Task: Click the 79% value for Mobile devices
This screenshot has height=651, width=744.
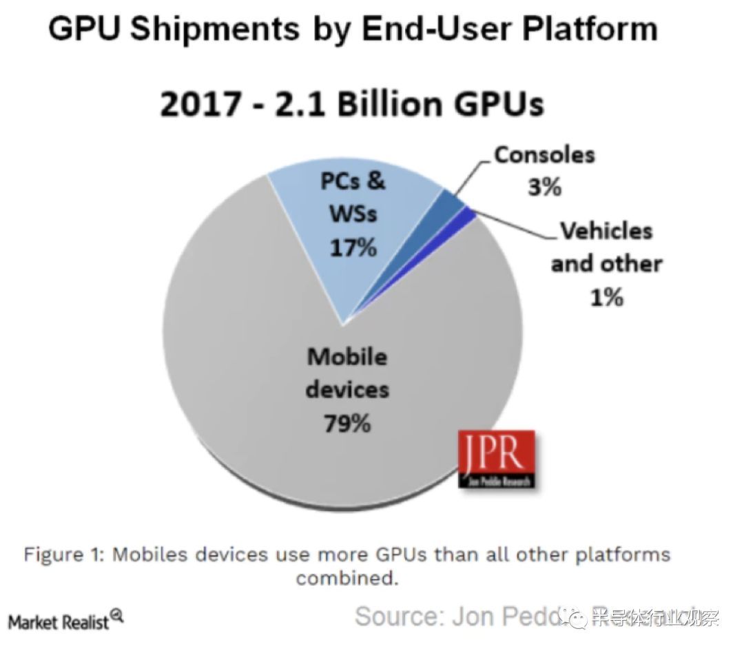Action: (347, 423)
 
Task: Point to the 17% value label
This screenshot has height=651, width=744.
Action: (353, 247)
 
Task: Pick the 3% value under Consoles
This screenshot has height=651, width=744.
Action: (544, 187)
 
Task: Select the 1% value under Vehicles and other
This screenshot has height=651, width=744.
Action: (606, 297)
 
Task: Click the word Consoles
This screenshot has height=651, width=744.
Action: (544, 154)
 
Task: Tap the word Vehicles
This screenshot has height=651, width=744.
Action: (606, 231)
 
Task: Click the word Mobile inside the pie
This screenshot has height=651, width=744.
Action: (347, 356)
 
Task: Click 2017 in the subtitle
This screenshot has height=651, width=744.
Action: (199, 105)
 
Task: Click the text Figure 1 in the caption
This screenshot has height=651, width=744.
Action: (63, 555)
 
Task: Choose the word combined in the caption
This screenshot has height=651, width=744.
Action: (347, 577)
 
